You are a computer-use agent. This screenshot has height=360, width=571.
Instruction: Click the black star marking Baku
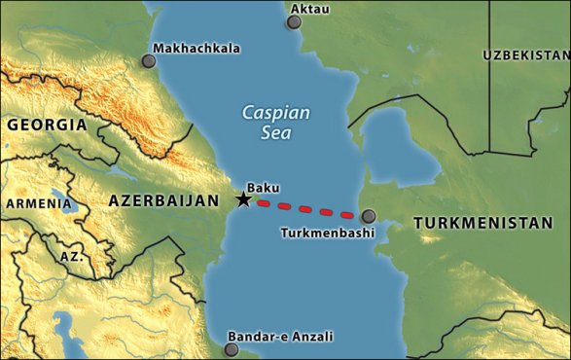pyautogui.click(x=243, y=199)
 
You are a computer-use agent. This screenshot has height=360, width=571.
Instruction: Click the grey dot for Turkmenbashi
pyautogui.click(x=368, y=217)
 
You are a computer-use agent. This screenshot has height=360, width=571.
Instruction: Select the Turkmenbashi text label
pyautogui.click(x=327, y=234)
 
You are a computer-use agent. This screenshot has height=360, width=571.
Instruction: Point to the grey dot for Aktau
pyautogui.click(x=295, y=20)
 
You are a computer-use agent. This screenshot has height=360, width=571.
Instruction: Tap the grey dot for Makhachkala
pyautogui.click(x=148, y=60)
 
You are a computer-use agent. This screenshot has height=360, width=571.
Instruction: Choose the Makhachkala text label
pyautogui.click(x=196, y=48)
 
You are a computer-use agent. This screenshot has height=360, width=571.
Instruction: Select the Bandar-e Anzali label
pyautogui.click(x=280, y=337)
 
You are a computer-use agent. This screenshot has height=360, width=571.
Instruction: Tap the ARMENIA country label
pyautogui.click(x=38, y=203)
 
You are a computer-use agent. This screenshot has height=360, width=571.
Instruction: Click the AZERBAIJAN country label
pyautogui.click(x=162, y=199)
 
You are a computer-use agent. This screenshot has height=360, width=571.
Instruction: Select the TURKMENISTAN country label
pyautogui.click(x=482, y=223)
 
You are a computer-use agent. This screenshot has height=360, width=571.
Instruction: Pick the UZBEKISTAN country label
pyautogui.click(x=526, y=55)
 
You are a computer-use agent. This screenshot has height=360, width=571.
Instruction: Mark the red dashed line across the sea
pyautogui.click(x=305, y=208)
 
